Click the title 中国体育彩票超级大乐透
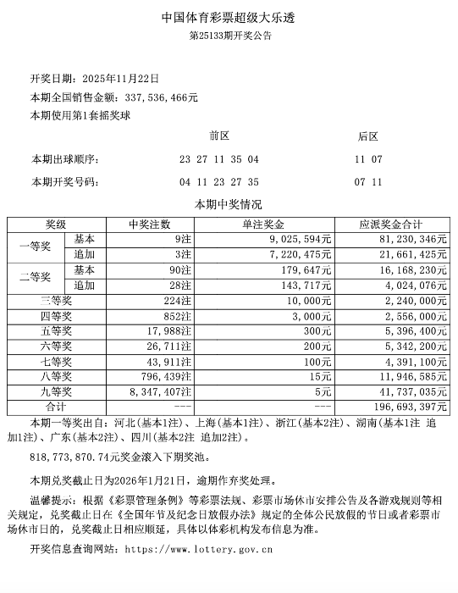pyautogui.click(x=229, y=17)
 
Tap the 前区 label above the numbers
pyautogui.click(x=219, y=136)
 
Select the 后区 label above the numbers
pyautogui.click(x=368, y=136)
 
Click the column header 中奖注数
pyautogui.click(x=149, y=224)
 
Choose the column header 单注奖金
pyautogui.click(x=268, y=224)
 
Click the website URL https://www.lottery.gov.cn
pyautogui.click(x=198, y=549)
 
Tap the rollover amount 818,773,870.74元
pyautogui.click(x=75, y=456)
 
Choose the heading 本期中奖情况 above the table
pyautogui.click(x=229, y=205)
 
